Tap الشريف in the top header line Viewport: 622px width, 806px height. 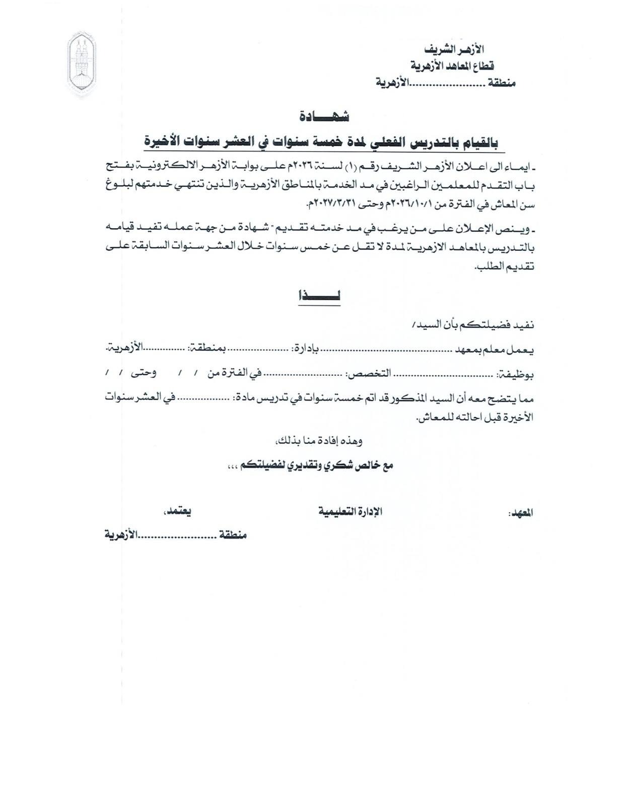[443, 49]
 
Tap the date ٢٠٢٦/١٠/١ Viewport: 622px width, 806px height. [407, 204]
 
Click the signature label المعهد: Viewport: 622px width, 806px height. [521, 513]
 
